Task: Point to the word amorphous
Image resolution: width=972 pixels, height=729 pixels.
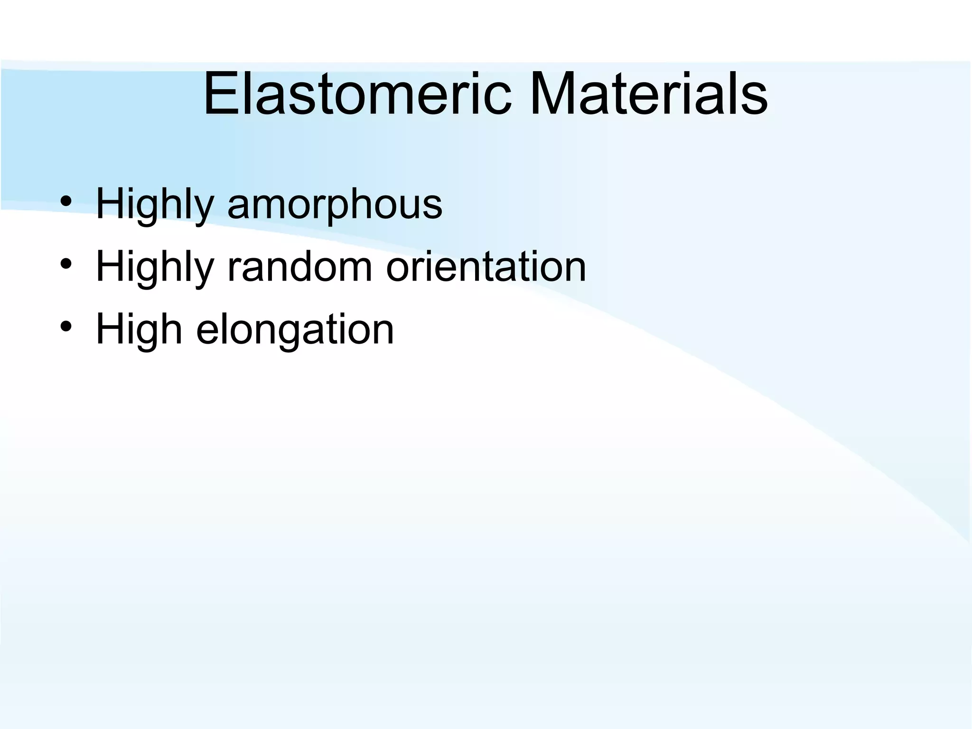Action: click(x=335, y=205)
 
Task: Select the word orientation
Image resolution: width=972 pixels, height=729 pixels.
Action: click(x=486, y=267)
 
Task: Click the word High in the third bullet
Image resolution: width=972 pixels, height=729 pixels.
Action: click(x=139, y=329)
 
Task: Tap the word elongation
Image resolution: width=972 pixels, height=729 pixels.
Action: click(x=295, y=329)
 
